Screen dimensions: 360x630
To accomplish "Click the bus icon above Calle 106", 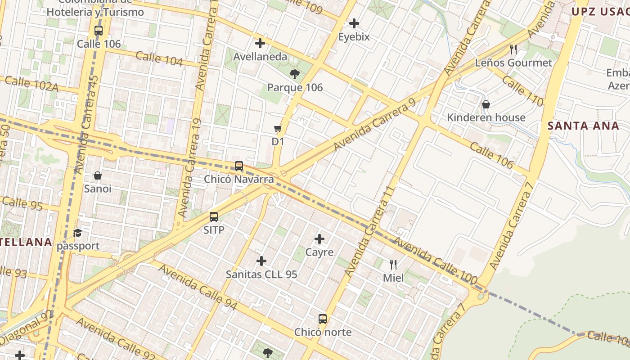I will click(99, 31).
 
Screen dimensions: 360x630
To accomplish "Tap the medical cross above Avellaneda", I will click(260, 43).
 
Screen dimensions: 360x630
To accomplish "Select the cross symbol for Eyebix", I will click(354, 23).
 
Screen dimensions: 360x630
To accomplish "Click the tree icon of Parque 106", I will click(295, 74).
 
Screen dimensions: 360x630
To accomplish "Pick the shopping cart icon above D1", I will click(278, 129).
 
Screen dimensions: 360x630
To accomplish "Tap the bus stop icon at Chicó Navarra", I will click(239, 166).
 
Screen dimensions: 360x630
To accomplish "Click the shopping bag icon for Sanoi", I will click(98, 175).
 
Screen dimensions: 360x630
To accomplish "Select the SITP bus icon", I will click(214, 217).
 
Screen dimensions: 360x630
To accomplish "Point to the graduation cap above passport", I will click(78, 233).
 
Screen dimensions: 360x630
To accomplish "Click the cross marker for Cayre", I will click(319, 239).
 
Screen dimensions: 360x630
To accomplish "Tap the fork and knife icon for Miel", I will click(393, 265).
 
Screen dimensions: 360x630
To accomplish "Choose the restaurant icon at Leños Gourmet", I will click(513, 49).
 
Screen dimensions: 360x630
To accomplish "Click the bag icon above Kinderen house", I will click(486, 104).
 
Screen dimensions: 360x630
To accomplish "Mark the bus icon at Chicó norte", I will click(323, 319).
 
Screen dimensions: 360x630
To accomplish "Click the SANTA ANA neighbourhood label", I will click(583, 126).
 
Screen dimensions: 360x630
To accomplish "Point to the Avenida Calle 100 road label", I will click(435, 261).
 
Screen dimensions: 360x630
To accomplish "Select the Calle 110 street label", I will click(522, 90).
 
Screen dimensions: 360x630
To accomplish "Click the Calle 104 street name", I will click(159, 59).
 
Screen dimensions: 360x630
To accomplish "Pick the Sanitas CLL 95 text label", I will click(261, 274).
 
